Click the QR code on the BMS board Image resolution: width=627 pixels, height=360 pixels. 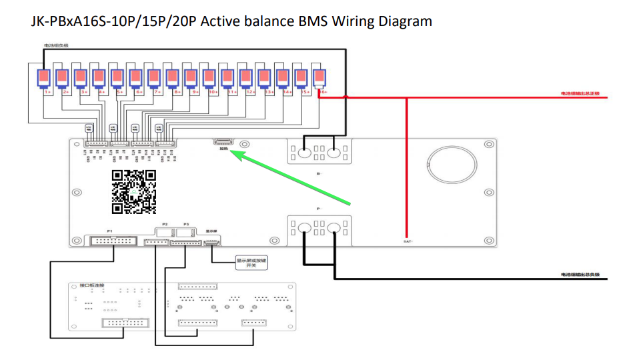tap(134, 192)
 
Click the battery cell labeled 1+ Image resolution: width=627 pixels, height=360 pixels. tap(45, 79)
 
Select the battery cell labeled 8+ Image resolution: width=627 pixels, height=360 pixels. tap(173, 79)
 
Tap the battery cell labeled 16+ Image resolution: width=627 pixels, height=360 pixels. tap(319, 79)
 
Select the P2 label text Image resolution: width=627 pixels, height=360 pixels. tap(165, 225)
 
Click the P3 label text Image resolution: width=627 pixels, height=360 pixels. tap(186, 225)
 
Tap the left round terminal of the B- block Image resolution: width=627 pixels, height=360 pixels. tap(305, 153)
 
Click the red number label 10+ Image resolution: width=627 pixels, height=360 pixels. tap(213, 93)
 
